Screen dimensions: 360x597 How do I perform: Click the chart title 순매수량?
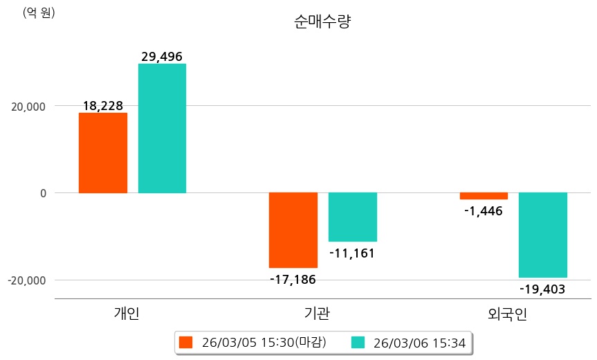pos(322,21)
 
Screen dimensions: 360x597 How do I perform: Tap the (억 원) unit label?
pos(39,12)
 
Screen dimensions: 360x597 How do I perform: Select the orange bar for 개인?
pos(102,152)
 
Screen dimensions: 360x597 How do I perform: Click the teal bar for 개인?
pos(162,128)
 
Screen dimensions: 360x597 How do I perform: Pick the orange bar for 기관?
pos(293,230)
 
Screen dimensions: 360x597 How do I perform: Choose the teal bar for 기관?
pos(352,217)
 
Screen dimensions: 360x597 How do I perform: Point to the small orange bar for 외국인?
pos(484,196)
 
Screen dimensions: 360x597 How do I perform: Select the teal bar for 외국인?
pos(543,235)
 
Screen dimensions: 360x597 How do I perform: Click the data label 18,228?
pos(102,106)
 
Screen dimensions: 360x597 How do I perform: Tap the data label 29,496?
pos(162,57)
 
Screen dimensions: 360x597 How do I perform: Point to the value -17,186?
pos(293,280)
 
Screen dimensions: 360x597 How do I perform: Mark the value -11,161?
pos(352,253)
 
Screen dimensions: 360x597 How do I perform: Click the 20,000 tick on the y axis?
pos(27,107)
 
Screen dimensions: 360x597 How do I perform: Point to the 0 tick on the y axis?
pos(42,193)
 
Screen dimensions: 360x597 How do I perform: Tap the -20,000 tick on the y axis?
pos(25,280)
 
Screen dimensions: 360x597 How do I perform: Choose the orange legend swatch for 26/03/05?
pos(185,343)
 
